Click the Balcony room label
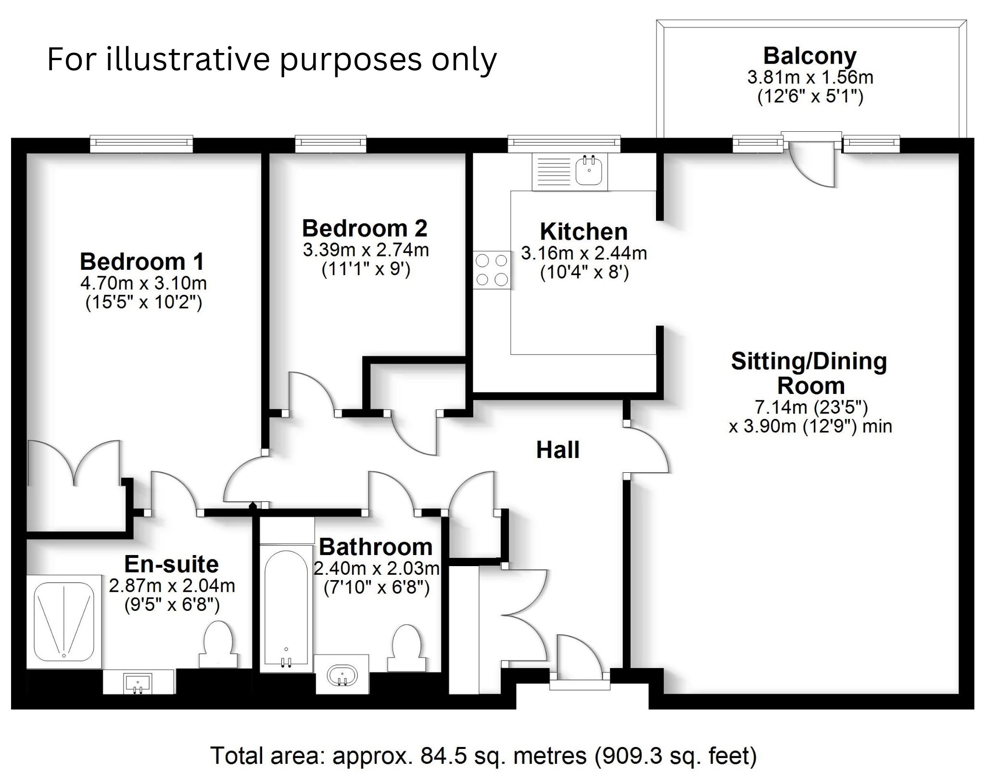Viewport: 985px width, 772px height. click(809, 56)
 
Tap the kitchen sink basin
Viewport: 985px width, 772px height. click(589, 172)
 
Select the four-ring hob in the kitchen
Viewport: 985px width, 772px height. click(492, 270)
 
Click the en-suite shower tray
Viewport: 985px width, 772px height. click(64, 621)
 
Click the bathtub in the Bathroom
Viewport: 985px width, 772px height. click(286, 608)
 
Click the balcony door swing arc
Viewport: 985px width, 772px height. click(813, 166)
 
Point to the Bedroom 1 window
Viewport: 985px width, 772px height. click(141, 143)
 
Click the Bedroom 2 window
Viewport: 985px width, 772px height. click(330, 143)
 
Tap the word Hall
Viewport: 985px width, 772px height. click(558, 450)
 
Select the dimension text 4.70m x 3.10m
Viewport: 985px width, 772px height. click(143, 283)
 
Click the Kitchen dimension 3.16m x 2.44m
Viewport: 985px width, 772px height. click(584, 253)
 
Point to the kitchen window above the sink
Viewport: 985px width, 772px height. click(564, 143)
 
